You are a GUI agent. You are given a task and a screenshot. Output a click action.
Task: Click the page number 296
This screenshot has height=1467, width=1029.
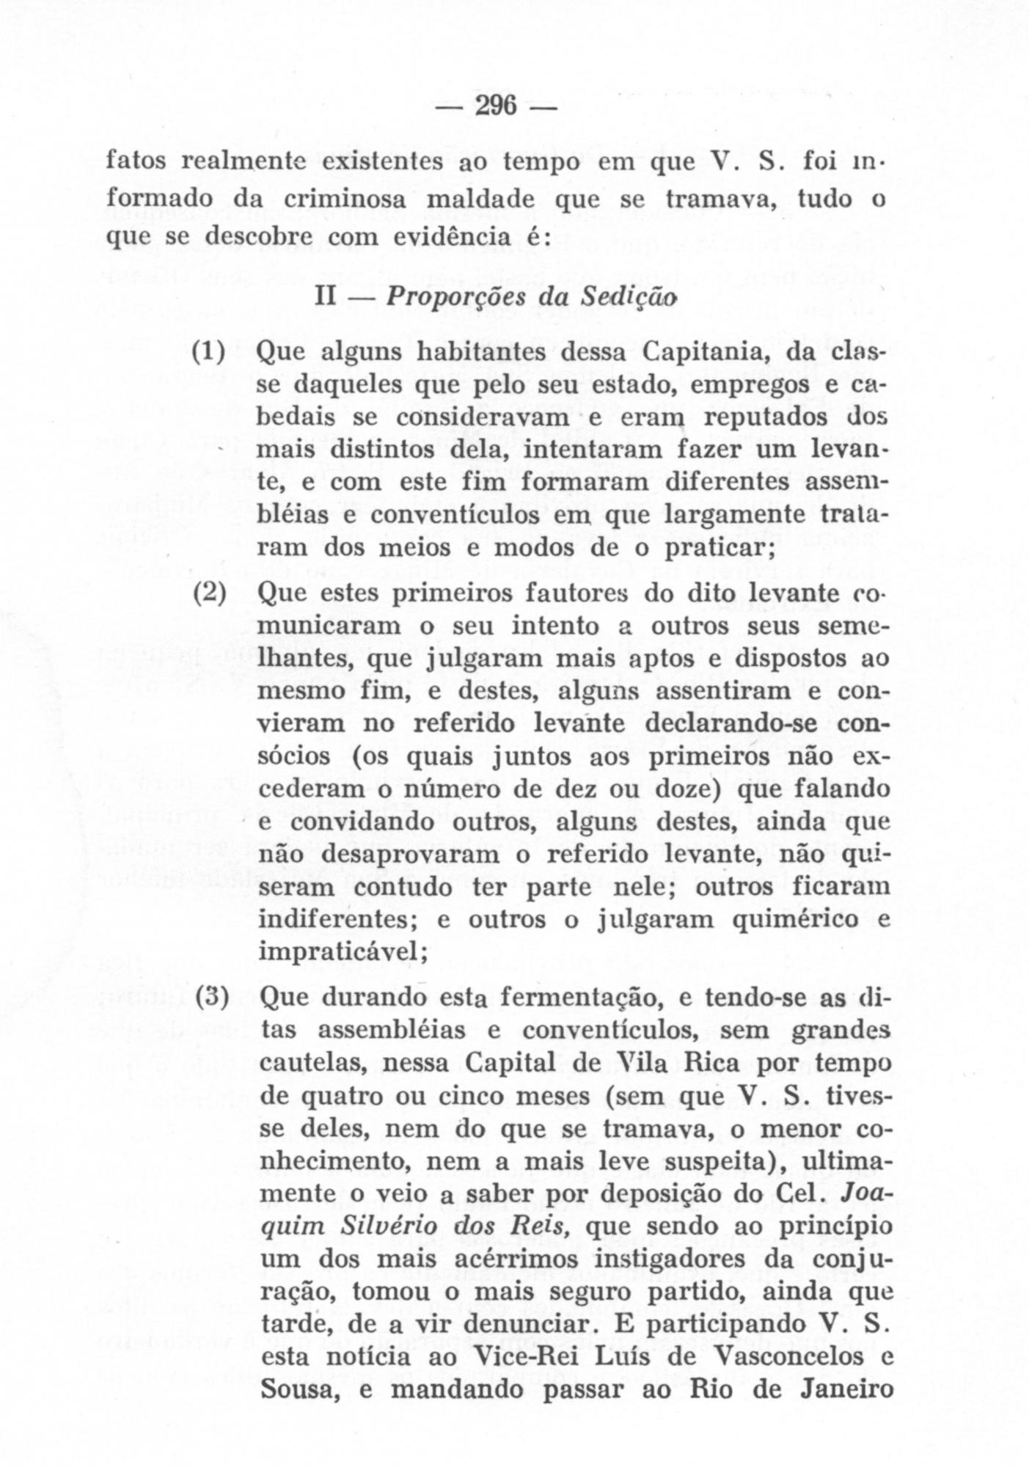click(497, 107)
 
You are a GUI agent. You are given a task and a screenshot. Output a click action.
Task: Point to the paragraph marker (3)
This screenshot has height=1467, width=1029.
click(213, 998)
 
